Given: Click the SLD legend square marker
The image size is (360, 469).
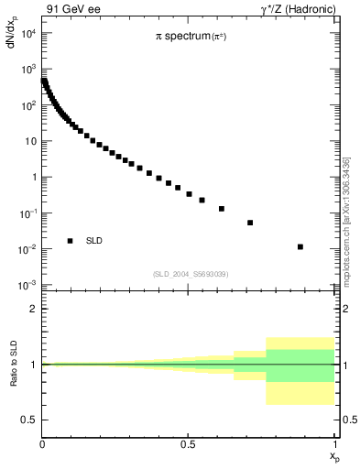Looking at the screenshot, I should [71, 241].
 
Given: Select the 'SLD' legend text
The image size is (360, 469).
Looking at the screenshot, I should [94, 241].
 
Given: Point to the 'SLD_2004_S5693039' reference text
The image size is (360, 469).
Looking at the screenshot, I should [191, 274].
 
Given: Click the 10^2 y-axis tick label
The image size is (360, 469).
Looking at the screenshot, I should [27, 105].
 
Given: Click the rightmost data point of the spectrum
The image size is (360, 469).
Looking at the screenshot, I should [300, 246].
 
